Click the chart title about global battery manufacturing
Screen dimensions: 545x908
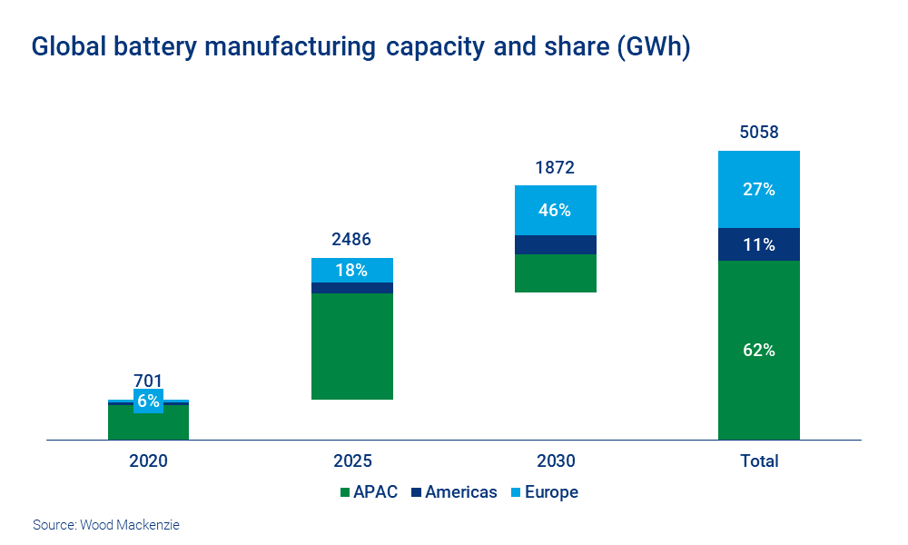(360, 47)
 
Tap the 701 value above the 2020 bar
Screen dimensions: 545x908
(148, 381)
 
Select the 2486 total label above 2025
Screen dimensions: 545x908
(351, 241)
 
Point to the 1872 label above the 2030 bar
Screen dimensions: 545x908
(555, 168)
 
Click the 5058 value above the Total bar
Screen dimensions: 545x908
(758, 133)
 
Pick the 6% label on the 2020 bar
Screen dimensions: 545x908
(148, 401)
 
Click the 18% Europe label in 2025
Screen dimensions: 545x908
(351, 270)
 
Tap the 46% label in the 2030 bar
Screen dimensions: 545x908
(555, 210)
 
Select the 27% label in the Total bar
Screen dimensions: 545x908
(758, 189)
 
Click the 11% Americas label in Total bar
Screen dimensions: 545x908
(758, 244)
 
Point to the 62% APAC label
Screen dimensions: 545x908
(758, 350)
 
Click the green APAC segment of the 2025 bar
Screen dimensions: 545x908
(351, 346)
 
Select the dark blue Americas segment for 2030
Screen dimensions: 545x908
(555, 244)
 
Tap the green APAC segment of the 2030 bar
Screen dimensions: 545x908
(555, 273)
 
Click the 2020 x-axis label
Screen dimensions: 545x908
(148, 461)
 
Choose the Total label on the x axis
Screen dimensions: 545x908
(758, 461)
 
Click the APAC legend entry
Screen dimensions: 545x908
(368, 492)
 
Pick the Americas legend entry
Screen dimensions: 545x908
(453, 492)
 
